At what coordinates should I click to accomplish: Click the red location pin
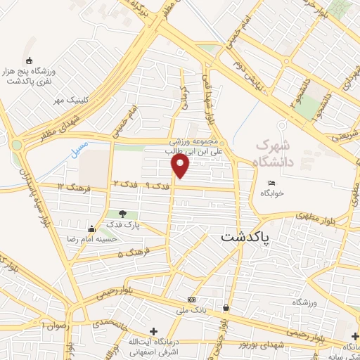tap(181, 166)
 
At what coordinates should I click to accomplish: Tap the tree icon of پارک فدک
tap(123, 213)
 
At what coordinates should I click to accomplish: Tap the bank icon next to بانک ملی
tap(192, 300)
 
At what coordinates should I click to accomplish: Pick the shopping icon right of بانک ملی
tap(226, 307)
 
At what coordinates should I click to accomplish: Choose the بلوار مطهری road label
tap(314, 217)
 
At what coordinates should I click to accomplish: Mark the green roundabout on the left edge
tap(15, 145)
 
